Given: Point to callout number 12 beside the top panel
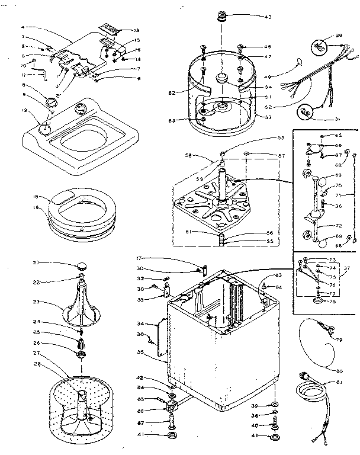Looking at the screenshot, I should coord(24,110).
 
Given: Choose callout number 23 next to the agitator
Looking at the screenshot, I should coord(35,302).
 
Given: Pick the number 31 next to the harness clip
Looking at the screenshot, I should coord(337,118).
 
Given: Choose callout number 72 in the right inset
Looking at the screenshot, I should coord(338,226).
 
